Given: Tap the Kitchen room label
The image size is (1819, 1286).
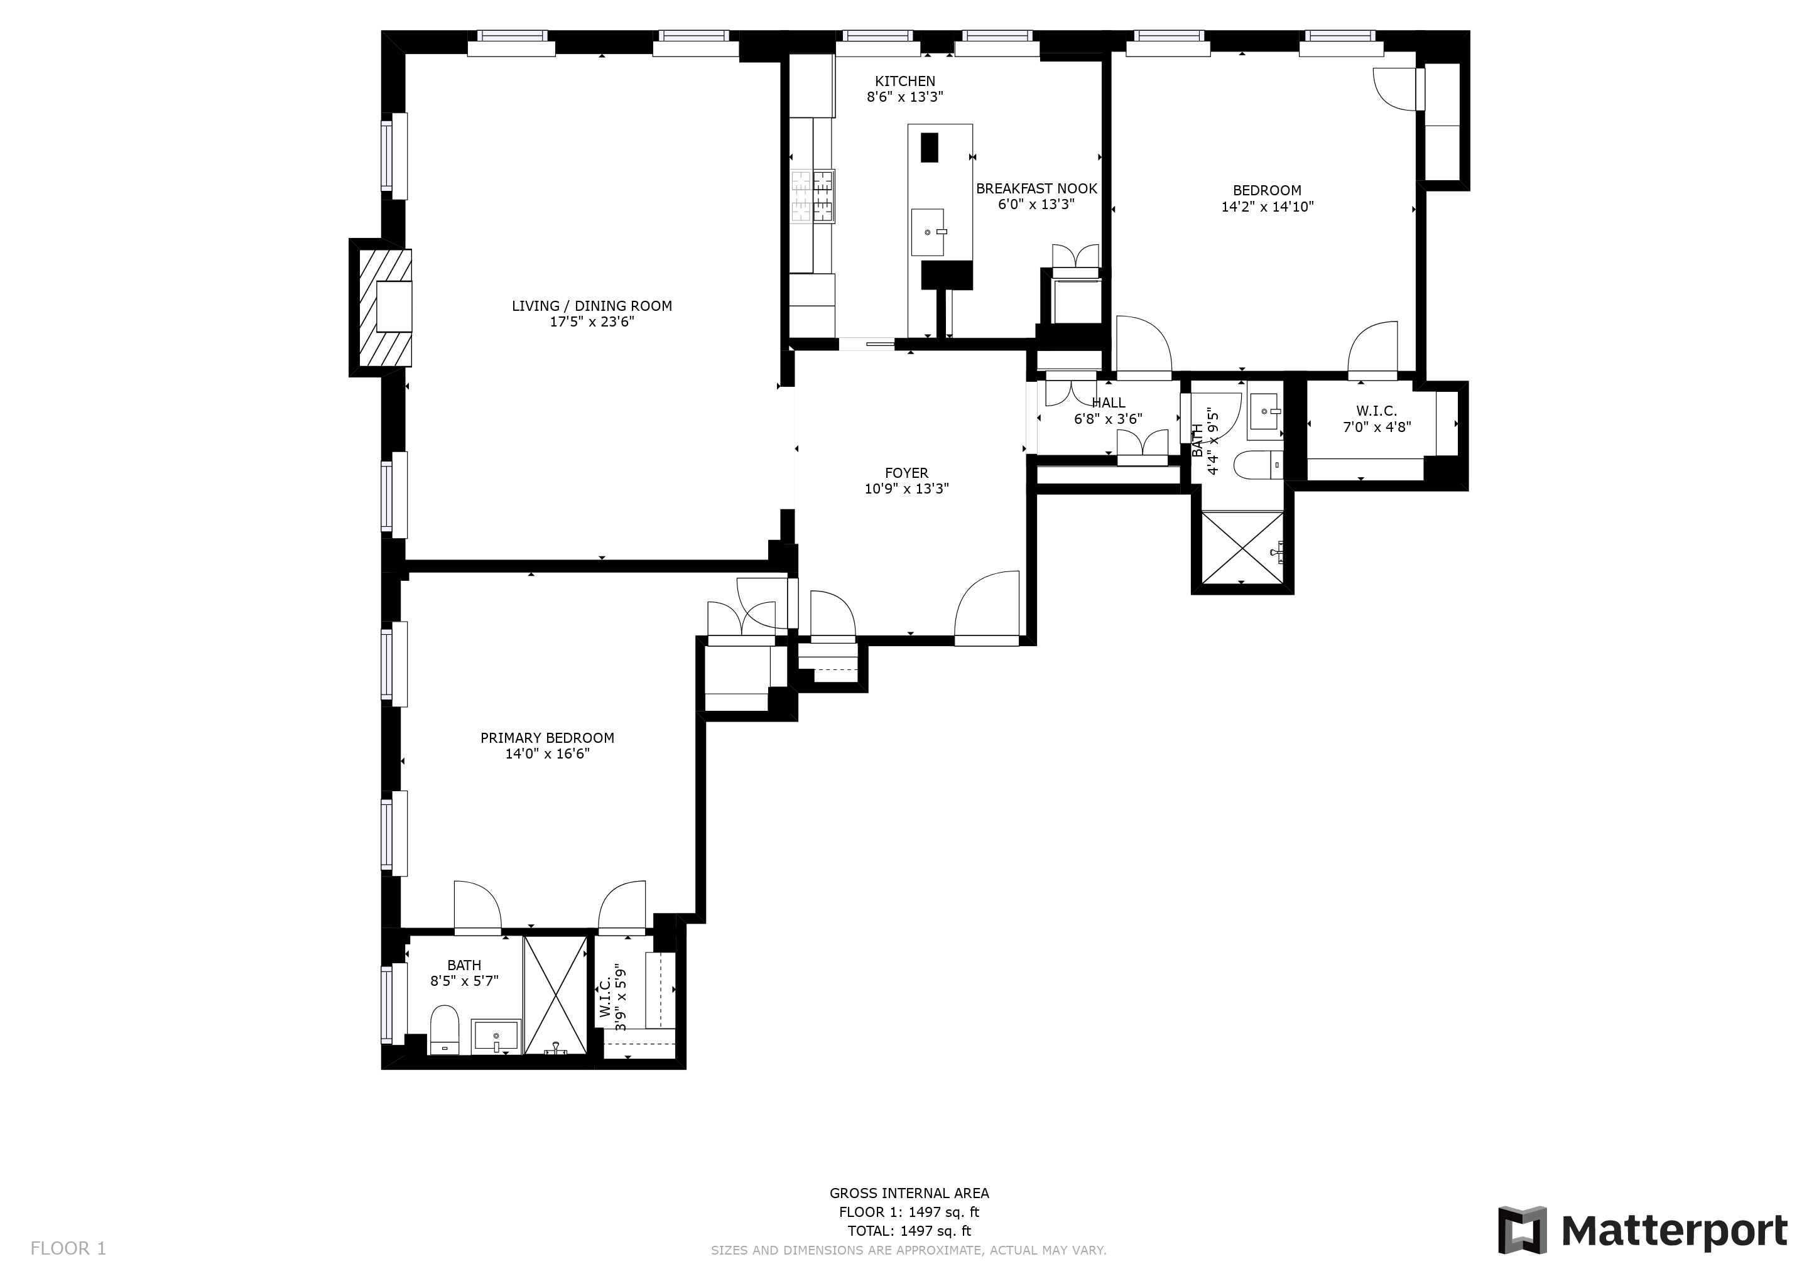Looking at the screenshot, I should click(x=904, y=81).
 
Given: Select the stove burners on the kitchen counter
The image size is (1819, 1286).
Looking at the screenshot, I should click(x=813, y=197).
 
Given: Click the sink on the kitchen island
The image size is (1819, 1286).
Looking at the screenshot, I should click(x=928, y=232).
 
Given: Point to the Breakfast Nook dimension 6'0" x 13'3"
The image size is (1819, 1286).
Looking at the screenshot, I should click(x=1036, y=204).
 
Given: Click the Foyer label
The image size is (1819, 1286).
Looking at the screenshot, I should click(x=906, y=473).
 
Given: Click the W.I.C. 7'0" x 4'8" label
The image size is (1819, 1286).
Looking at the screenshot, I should click(x=1376, y=419).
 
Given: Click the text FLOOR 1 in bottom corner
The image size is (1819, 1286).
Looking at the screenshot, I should click(x=68, y=1249).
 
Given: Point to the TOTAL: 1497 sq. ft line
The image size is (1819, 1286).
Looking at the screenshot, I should click(x=909, y=1231).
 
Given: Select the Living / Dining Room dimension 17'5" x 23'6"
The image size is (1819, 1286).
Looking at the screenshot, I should click(x=592, y=322).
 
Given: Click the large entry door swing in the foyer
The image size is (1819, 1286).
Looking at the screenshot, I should click(x=988, y=606).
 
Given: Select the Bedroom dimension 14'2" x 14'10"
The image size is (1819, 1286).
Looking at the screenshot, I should click(x=1267, y=207).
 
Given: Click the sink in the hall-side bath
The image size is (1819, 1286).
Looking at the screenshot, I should click(x=1265, y=412).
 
